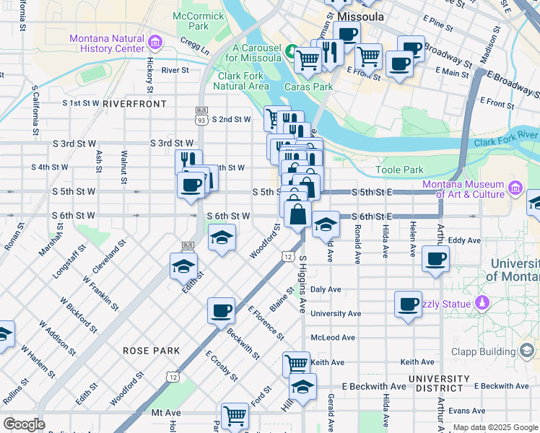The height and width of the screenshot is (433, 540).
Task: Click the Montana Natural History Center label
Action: click(107, 43)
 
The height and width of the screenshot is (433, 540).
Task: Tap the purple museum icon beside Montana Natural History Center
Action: click(154, 40)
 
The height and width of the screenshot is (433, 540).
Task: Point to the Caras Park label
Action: click(308, 87)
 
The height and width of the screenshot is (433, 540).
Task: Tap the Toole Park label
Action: click(399, 170)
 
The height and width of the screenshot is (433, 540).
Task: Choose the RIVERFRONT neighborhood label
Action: click(134, 104)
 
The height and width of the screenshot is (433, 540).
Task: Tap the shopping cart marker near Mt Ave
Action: click(235, 415)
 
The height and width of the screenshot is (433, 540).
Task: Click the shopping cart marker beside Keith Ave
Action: click(296, 363)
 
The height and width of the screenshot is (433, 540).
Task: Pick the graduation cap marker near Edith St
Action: click(184, 266)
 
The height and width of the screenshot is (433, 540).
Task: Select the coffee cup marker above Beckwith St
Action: click(221, 310)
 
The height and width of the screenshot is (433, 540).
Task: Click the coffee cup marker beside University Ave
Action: click(408, 303)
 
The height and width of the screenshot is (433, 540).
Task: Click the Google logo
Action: click(25, 424)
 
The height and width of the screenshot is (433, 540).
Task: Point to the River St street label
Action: click(175, 71)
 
